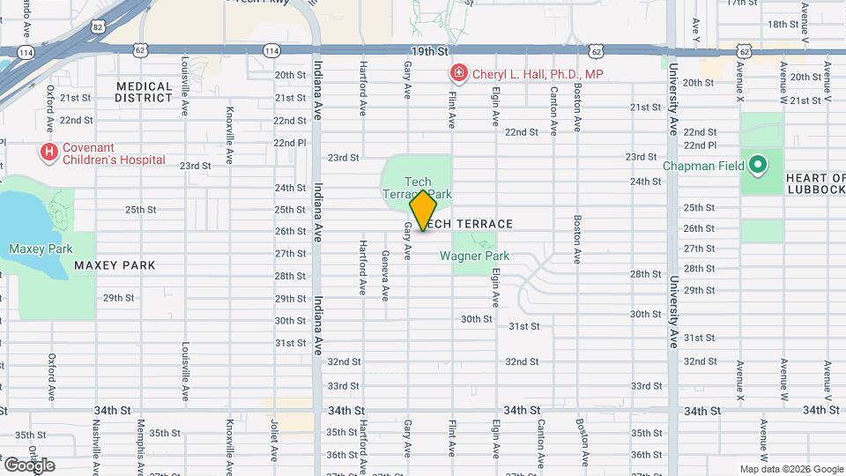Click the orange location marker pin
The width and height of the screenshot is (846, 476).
[423, 212]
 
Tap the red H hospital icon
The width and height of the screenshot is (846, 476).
[49, 152]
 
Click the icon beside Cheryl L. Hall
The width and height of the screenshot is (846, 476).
[458, 73]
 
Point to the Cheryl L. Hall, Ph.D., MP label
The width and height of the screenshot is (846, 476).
[538, 74]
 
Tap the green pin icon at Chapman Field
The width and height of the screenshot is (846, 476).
[757, 164]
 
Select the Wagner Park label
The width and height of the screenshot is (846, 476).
[475, 257]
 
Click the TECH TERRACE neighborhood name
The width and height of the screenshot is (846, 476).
[471, 224]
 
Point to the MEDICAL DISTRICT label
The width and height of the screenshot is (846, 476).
[144, 92]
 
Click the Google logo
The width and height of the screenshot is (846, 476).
[30, 465]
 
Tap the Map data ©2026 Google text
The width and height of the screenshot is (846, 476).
[790, 469]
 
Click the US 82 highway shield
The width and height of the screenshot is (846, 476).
[98, 27]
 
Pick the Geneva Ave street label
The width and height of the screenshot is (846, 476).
[385, 271]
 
